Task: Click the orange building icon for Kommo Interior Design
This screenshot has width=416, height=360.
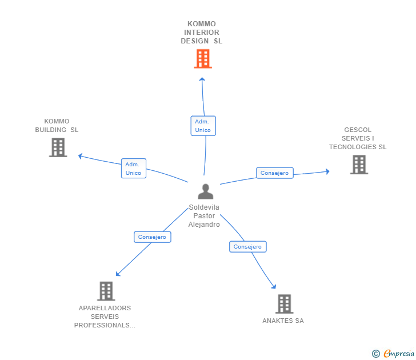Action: [203, 59]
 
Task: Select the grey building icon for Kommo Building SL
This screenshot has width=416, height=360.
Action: [58, 147]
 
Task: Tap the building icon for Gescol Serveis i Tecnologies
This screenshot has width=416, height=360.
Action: [359, 165]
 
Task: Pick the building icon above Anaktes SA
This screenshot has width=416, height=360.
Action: [284, 304]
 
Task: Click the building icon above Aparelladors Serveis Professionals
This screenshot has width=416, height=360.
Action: [106, 291]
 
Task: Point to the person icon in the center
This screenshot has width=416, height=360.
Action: [205, 191]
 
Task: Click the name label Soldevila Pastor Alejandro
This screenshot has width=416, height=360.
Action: [204, 216]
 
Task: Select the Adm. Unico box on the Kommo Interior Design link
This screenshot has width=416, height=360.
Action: [203, 126]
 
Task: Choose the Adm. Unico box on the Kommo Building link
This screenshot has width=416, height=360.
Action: [133, 168]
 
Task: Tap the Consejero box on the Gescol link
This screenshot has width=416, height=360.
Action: [274, 173]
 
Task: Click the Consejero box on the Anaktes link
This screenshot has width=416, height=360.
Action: [247, 247]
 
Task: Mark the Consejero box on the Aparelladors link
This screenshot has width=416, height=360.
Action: [152, 237]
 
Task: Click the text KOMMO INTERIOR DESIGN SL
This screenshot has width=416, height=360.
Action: [202, 33]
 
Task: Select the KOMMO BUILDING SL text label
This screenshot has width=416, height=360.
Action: [57, 125]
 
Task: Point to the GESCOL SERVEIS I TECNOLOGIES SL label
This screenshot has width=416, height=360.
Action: [358, 138]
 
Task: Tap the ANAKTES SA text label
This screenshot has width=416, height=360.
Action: [283, 321]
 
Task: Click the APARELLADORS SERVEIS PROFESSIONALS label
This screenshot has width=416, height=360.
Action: [105, 317]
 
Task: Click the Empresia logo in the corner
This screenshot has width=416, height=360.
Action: [393, 354]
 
